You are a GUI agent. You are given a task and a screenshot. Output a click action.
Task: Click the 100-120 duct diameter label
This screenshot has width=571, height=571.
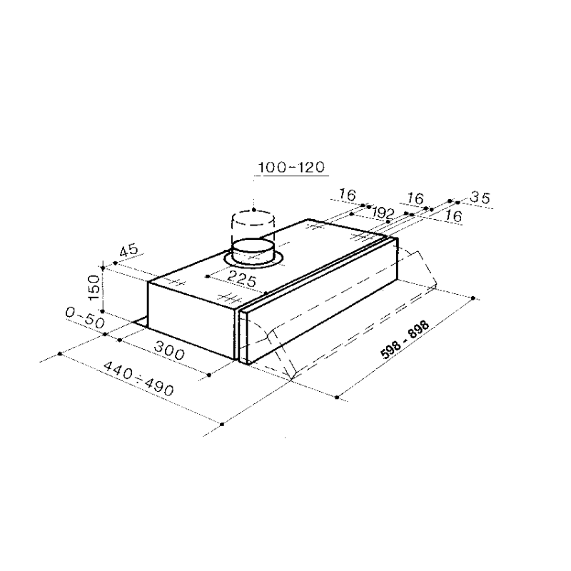[x=291, y=168]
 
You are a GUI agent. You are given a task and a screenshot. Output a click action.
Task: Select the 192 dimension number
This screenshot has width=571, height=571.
[x=384, y=213]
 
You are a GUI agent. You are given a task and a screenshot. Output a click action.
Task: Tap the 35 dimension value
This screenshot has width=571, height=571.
[x=481, y=199]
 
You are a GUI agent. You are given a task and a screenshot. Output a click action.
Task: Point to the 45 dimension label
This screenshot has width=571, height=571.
[x=128, y=251]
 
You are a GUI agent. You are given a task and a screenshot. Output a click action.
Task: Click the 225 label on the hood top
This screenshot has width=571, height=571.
[x=242, y=281]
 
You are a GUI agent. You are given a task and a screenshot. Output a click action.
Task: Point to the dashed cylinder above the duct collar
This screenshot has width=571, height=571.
[x=253, y=223]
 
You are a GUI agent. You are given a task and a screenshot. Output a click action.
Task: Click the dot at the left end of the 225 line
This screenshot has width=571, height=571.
[x=206, y=276]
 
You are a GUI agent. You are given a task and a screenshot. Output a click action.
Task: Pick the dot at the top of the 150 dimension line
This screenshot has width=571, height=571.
[x=104, y=267]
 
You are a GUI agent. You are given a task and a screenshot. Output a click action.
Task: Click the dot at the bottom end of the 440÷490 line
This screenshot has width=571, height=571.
[x=222, y=425]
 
